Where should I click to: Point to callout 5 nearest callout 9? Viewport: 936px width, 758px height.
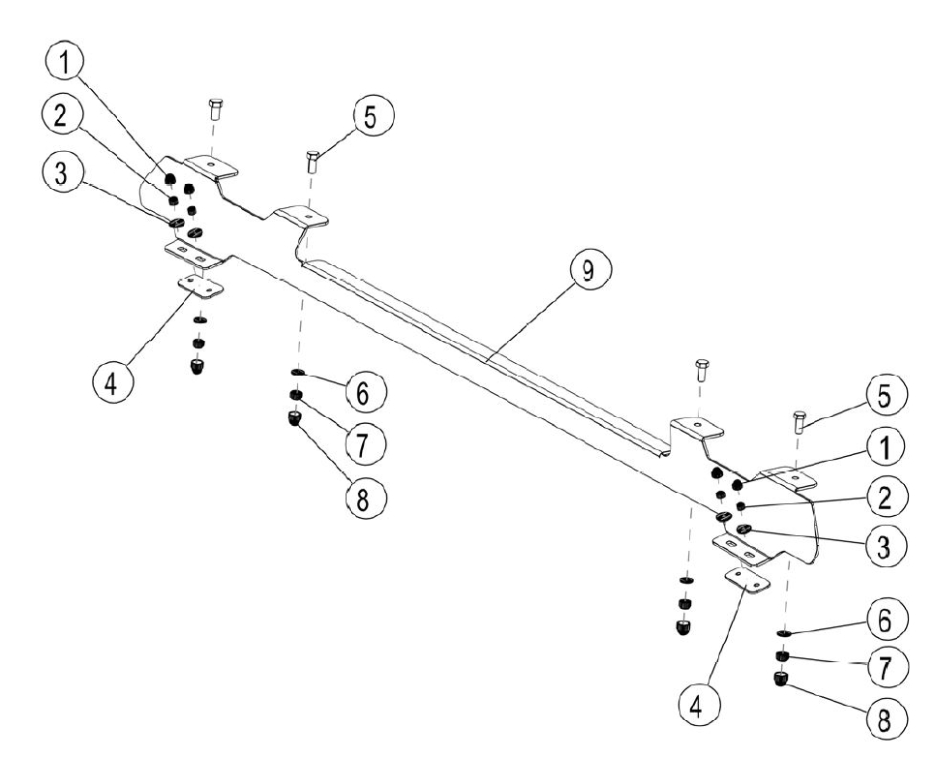point(370,116)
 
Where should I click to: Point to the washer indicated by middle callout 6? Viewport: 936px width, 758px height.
point(295,373)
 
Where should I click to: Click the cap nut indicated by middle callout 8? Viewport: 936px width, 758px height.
point(294,420)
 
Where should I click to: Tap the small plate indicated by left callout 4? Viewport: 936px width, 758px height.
point(201,286)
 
